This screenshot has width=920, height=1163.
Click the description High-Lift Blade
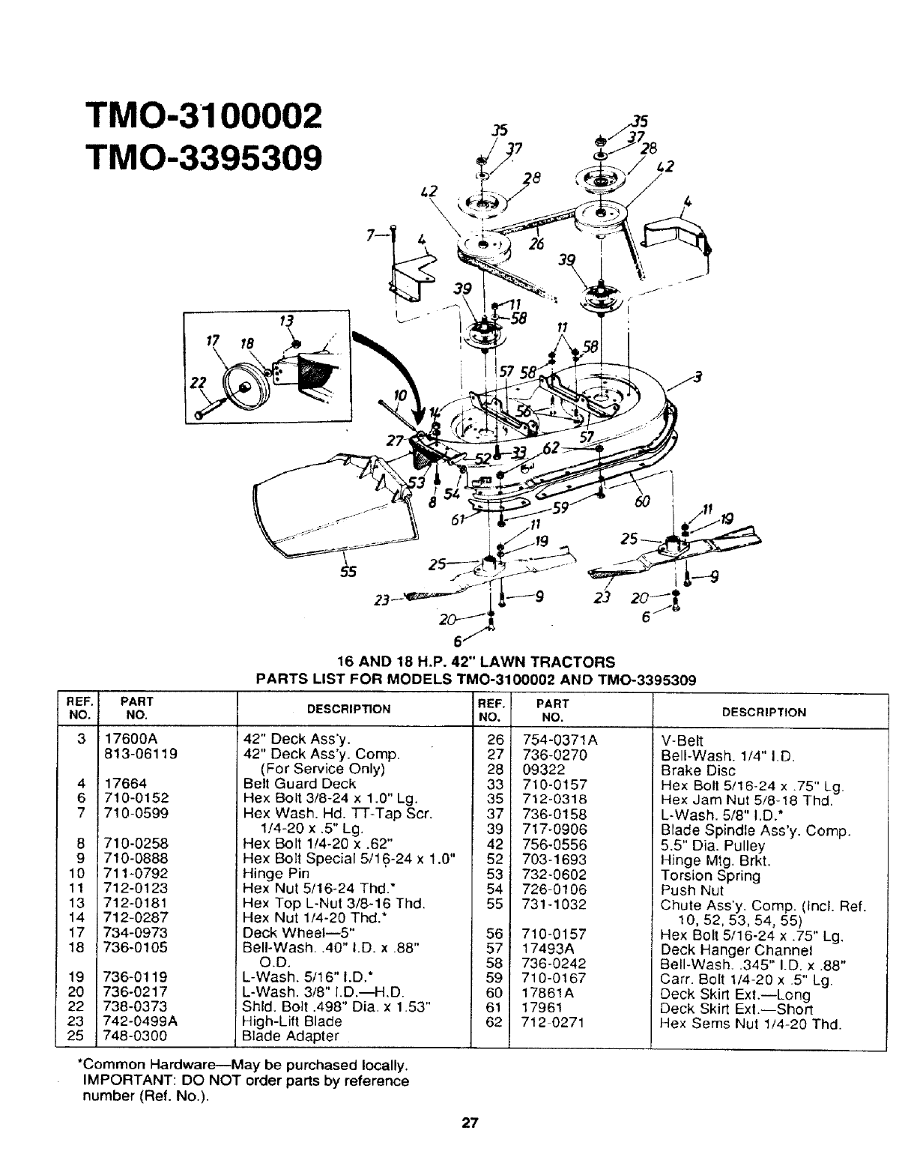point(292,1021)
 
